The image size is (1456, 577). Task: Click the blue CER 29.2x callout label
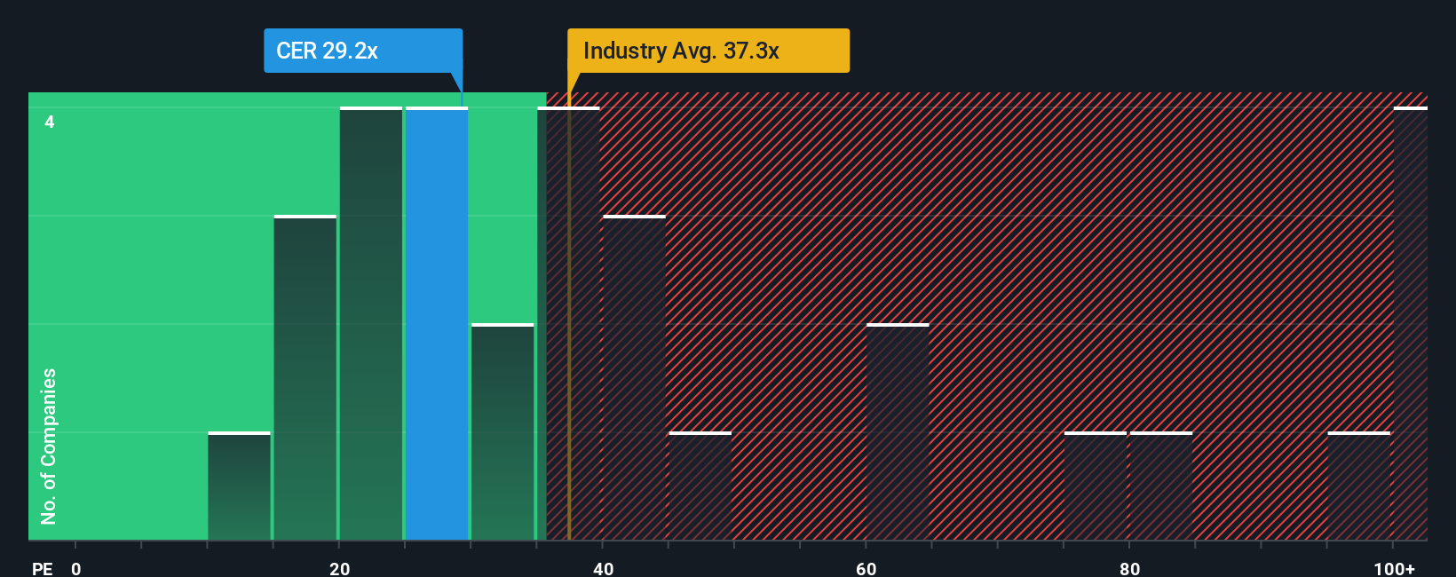click(x=362, y=51)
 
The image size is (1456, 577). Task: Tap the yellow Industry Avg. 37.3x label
click(x=708, y=51)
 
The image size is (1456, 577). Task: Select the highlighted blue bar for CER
click(x=437, y=324)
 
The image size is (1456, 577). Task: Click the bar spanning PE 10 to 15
click(x=239, y=486)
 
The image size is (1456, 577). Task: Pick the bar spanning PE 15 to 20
click(x=305, y=378)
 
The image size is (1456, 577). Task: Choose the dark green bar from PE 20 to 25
click(x=371, y=324)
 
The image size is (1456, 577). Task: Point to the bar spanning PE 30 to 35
click(x=502, y=432)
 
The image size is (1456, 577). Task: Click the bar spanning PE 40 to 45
click(x=634, y=378)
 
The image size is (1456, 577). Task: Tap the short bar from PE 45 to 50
click(x=700, y=486)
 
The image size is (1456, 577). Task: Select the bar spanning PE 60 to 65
click(x=898, y=432)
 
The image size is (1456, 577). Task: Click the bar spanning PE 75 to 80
click(x=1095, y=486)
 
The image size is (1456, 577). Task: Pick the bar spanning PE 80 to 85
click(x=1160, y=486)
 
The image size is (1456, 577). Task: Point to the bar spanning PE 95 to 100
click(x=1358, y=486)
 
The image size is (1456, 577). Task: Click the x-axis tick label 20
click(x=339, y=568)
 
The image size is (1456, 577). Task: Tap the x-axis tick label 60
click(x=866, y=568)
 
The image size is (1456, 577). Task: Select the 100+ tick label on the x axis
click(x=1394, y=568)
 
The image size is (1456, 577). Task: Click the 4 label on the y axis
click(x=50, y=122)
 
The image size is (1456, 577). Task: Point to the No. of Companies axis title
click(x=49, y=446)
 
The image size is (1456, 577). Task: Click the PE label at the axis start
click(x=42, y=568)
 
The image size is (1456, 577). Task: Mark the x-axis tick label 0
click(x=76, y=568)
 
